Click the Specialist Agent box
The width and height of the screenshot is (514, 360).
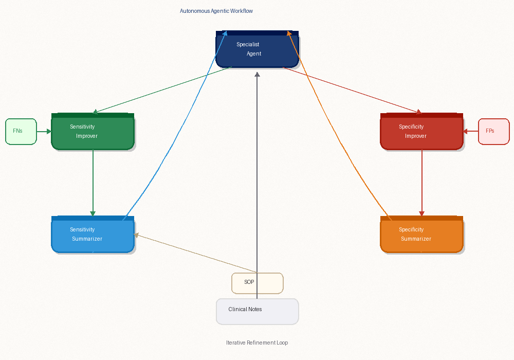pos(257,49)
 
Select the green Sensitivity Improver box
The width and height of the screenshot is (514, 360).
pos(93,132)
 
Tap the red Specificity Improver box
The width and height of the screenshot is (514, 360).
pos(421,132)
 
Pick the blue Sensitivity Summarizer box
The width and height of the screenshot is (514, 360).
pos(93,235)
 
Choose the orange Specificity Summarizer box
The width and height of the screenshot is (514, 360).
pos(421,235)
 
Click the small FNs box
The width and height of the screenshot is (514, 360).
pos(21,131)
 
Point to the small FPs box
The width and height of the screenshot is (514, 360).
pos(493,131)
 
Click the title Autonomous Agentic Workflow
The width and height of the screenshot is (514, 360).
pos(216,11)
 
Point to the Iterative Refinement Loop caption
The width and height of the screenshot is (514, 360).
pos(257,343)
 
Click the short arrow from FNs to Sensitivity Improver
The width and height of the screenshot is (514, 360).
pos(44,131)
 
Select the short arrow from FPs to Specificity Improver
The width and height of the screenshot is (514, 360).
pos(470,131)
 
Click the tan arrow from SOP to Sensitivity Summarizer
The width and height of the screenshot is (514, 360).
pos(195,254)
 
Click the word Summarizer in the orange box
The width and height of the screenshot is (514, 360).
pos(416,239)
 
